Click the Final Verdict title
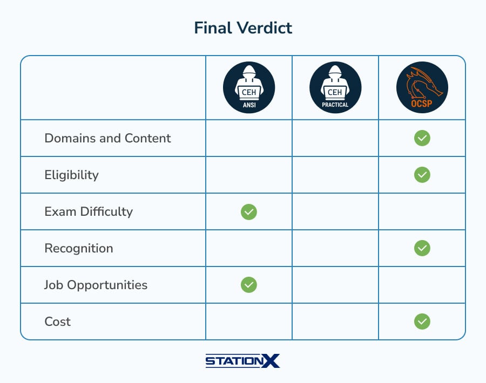click(x=243, y=28)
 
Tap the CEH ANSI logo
click(x=249, y=87)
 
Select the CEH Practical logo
click(x=335, y=87)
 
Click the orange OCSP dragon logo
click(x=422, y=87)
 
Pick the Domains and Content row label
click(x=107, y=138)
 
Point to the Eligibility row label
click(x=72, y=175)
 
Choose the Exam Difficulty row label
click(x=89, y=212)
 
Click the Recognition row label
click(x=79, y=248)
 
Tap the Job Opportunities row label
click(x=96, y=285)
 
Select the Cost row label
click(x=58, y=322)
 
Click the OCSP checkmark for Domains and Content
click(x=422, y=138)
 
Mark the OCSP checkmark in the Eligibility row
click(x=422, y=175)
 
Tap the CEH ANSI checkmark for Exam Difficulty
click(x=249, y=212)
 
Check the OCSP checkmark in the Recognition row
click(x=422, y=248)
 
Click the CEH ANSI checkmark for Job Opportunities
click(x=249, y=285)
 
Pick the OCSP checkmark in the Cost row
click(x=422, y=322)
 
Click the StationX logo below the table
click(x=242, y=361)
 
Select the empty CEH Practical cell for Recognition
click(x=335, y=248)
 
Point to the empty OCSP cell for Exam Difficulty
click(x=422, y=212)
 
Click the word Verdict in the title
click(x=265, y=28)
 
